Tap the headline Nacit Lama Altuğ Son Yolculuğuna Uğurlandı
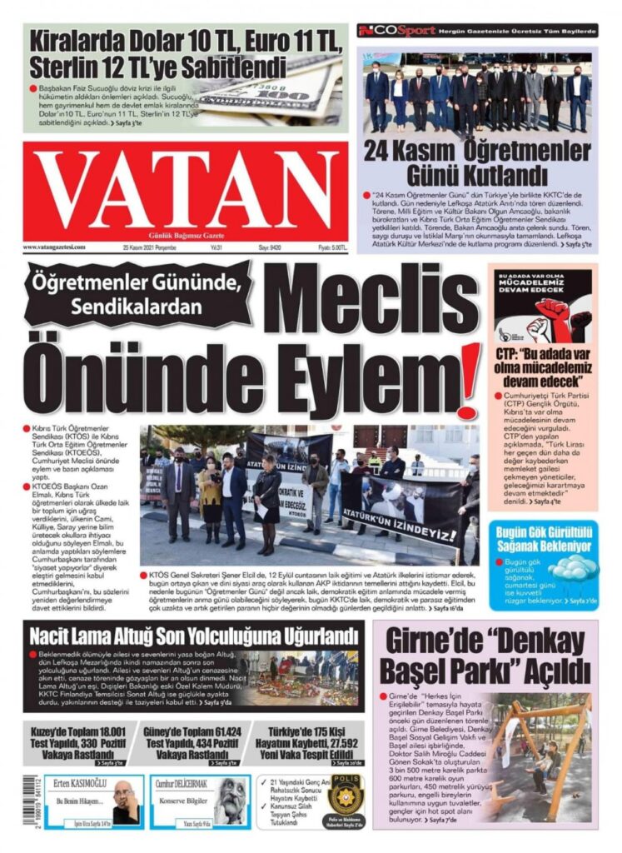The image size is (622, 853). [x=193, y=636]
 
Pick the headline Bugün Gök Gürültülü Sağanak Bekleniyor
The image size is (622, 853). [x=543, y=538]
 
